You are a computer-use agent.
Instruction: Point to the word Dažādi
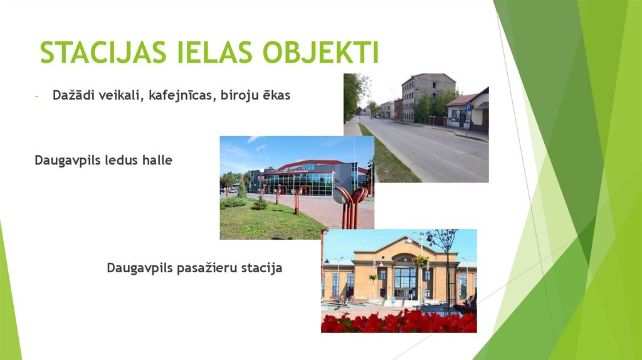pyautogui.click(x=74, y=97)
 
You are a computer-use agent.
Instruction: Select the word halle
pyautogui.click(x=154, y=161)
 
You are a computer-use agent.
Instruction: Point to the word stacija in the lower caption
pyautogui.click(x=261, y=268)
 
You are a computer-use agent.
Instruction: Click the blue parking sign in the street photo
pyautogui.click(x=468, y=107)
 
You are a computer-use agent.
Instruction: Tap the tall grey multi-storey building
pyautogui.click(x=426, y=94)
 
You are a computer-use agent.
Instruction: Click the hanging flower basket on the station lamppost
pyautogui.click(x=419, y=260)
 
